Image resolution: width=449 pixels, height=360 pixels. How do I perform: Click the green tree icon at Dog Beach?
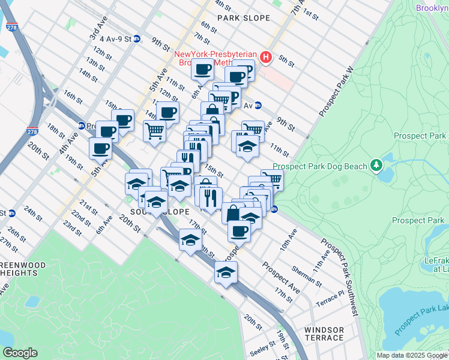(x=376, y=164)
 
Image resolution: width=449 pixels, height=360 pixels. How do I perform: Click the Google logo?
(x=20, y=352)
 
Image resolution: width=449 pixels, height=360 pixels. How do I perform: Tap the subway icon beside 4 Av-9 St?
(x=137, y=39)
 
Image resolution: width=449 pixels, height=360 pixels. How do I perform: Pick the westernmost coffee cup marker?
(x=100, y=148)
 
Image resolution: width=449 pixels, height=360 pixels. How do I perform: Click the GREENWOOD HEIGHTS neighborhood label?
(x=23, y=268)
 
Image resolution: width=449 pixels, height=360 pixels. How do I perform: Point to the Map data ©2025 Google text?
(x=412, y=355)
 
